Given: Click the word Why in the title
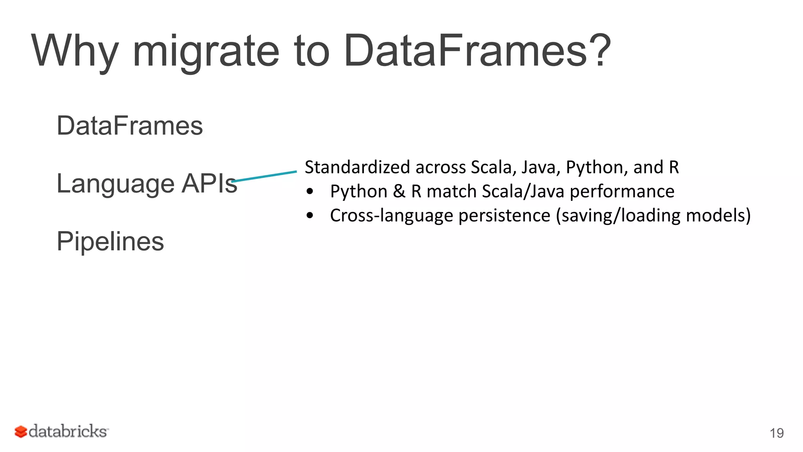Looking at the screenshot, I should [x=74, y=51].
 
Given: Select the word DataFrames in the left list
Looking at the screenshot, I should [x=130, y=126].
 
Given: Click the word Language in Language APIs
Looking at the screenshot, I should [x=115, y=184].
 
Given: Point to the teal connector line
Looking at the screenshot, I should [x=264, y=176].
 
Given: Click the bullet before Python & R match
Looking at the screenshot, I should [x=310, y=191].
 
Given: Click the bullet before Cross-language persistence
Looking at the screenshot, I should [x=310, y=215].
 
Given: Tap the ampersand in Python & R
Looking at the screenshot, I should [x=399, y=191].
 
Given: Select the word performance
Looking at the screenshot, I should [x=622, y=191].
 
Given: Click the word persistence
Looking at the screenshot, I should [x=504, y=215].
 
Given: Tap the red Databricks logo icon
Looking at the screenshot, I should [x=20, y=432].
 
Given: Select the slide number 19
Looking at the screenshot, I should [x=776, y=433].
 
